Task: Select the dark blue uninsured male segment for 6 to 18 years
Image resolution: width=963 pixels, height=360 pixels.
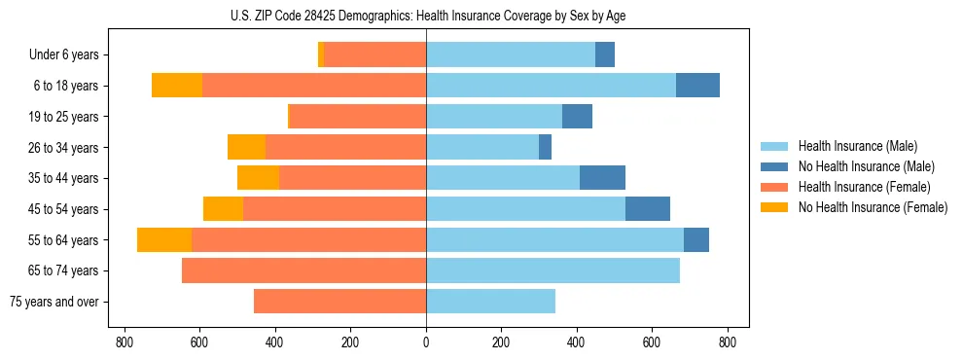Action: coord(697,86)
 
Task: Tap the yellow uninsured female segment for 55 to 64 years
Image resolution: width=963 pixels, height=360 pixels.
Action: coord(164,240)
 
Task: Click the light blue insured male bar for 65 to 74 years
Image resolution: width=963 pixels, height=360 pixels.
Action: coord(553,270)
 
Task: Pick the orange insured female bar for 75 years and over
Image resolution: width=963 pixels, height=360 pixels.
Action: coord(339,302)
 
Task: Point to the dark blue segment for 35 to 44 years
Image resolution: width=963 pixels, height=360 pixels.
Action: coord(602,178)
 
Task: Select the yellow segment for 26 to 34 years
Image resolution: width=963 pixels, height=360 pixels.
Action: coord(246,147)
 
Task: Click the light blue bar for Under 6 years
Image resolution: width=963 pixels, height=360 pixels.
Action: coord(511,54)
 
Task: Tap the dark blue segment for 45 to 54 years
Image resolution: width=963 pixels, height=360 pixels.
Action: coord(647,209)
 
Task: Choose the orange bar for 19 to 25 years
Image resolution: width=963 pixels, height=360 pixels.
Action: coord(358,117)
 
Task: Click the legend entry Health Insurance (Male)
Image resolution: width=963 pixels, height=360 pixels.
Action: coord(857,146)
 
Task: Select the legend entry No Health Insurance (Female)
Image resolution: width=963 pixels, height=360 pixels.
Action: coord(873,207)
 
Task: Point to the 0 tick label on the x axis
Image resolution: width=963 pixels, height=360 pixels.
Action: coord(426,342)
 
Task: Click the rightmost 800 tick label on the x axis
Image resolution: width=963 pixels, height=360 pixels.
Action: coord(728,342)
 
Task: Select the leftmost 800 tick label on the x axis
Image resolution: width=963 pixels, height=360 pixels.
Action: coord(125,342)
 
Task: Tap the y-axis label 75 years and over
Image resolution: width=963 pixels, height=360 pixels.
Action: coord(54,302)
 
